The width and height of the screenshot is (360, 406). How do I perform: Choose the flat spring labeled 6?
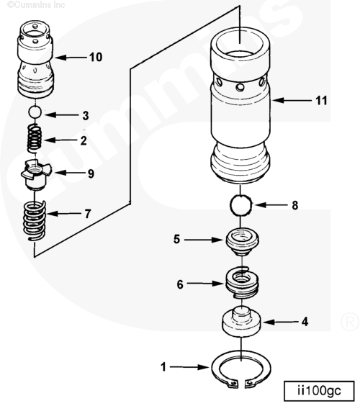tap(243, 281)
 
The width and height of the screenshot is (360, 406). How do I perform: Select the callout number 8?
tap(294, 204)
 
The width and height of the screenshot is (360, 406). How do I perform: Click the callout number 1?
tap(163, 367)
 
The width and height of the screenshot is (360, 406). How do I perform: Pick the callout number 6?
tap(180, 284)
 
